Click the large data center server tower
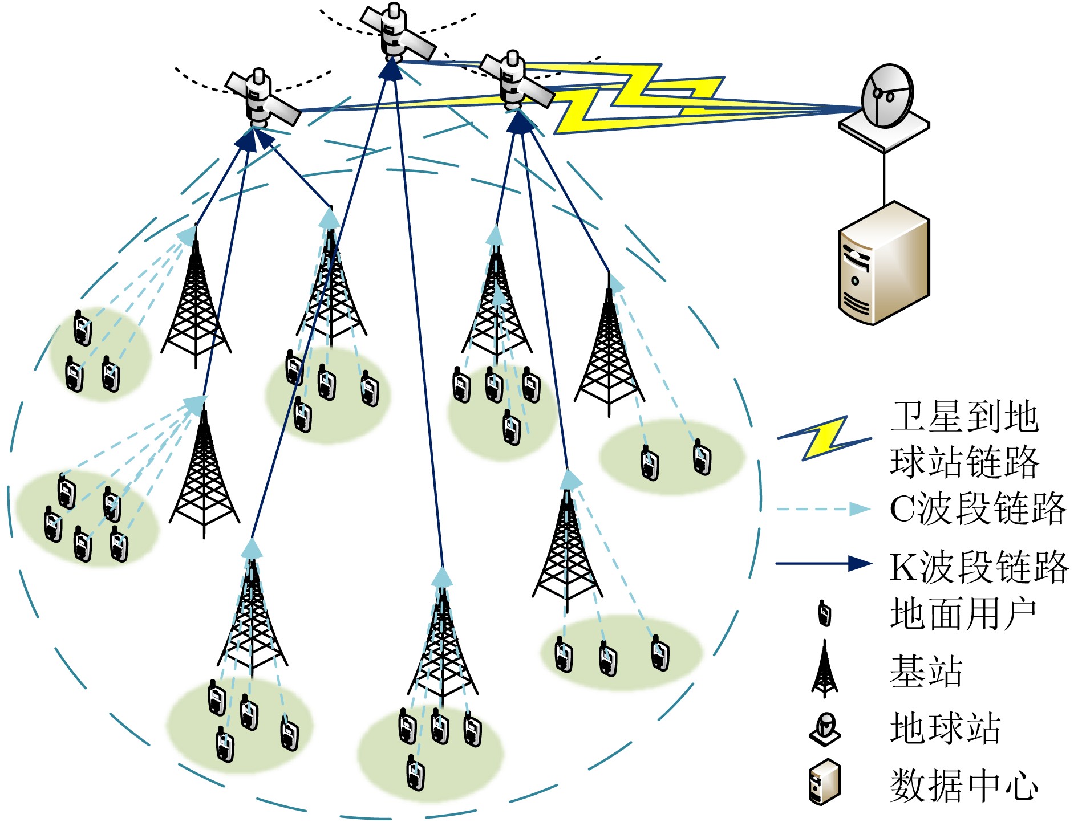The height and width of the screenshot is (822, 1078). (884, 263)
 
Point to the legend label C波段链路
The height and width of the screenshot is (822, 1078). (977, 508)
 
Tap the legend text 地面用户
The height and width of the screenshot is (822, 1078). (963, 615)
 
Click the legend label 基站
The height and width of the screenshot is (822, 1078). (926, 671)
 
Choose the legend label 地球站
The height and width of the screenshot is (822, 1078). (945, 728)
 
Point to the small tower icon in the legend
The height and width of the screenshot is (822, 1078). (824, 669)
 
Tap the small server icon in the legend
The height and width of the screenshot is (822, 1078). (824, 783)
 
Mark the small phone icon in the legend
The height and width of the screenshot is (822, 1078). (824, 613)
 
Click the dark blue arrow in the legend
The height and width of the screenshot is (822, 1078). (824, 564)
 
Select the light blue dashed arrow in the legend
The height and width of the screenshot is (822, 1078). (824, 509)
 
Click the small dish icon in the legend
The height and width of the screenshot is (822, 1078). (825, 729)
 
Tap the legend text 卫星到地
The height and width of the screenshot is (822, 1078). (964, 417)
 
